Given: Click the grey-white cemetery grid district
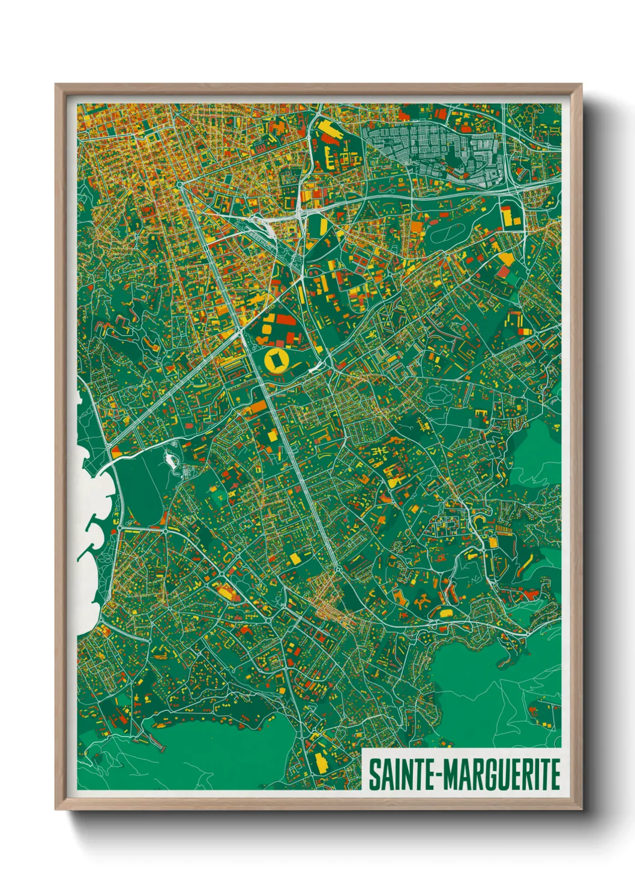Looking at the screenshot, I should tap(432, 147).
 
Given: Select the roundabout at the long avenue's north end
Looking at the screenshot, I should tap(179, 185).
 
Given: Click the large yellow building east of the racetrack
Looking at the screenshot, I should tap(511, 215).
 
